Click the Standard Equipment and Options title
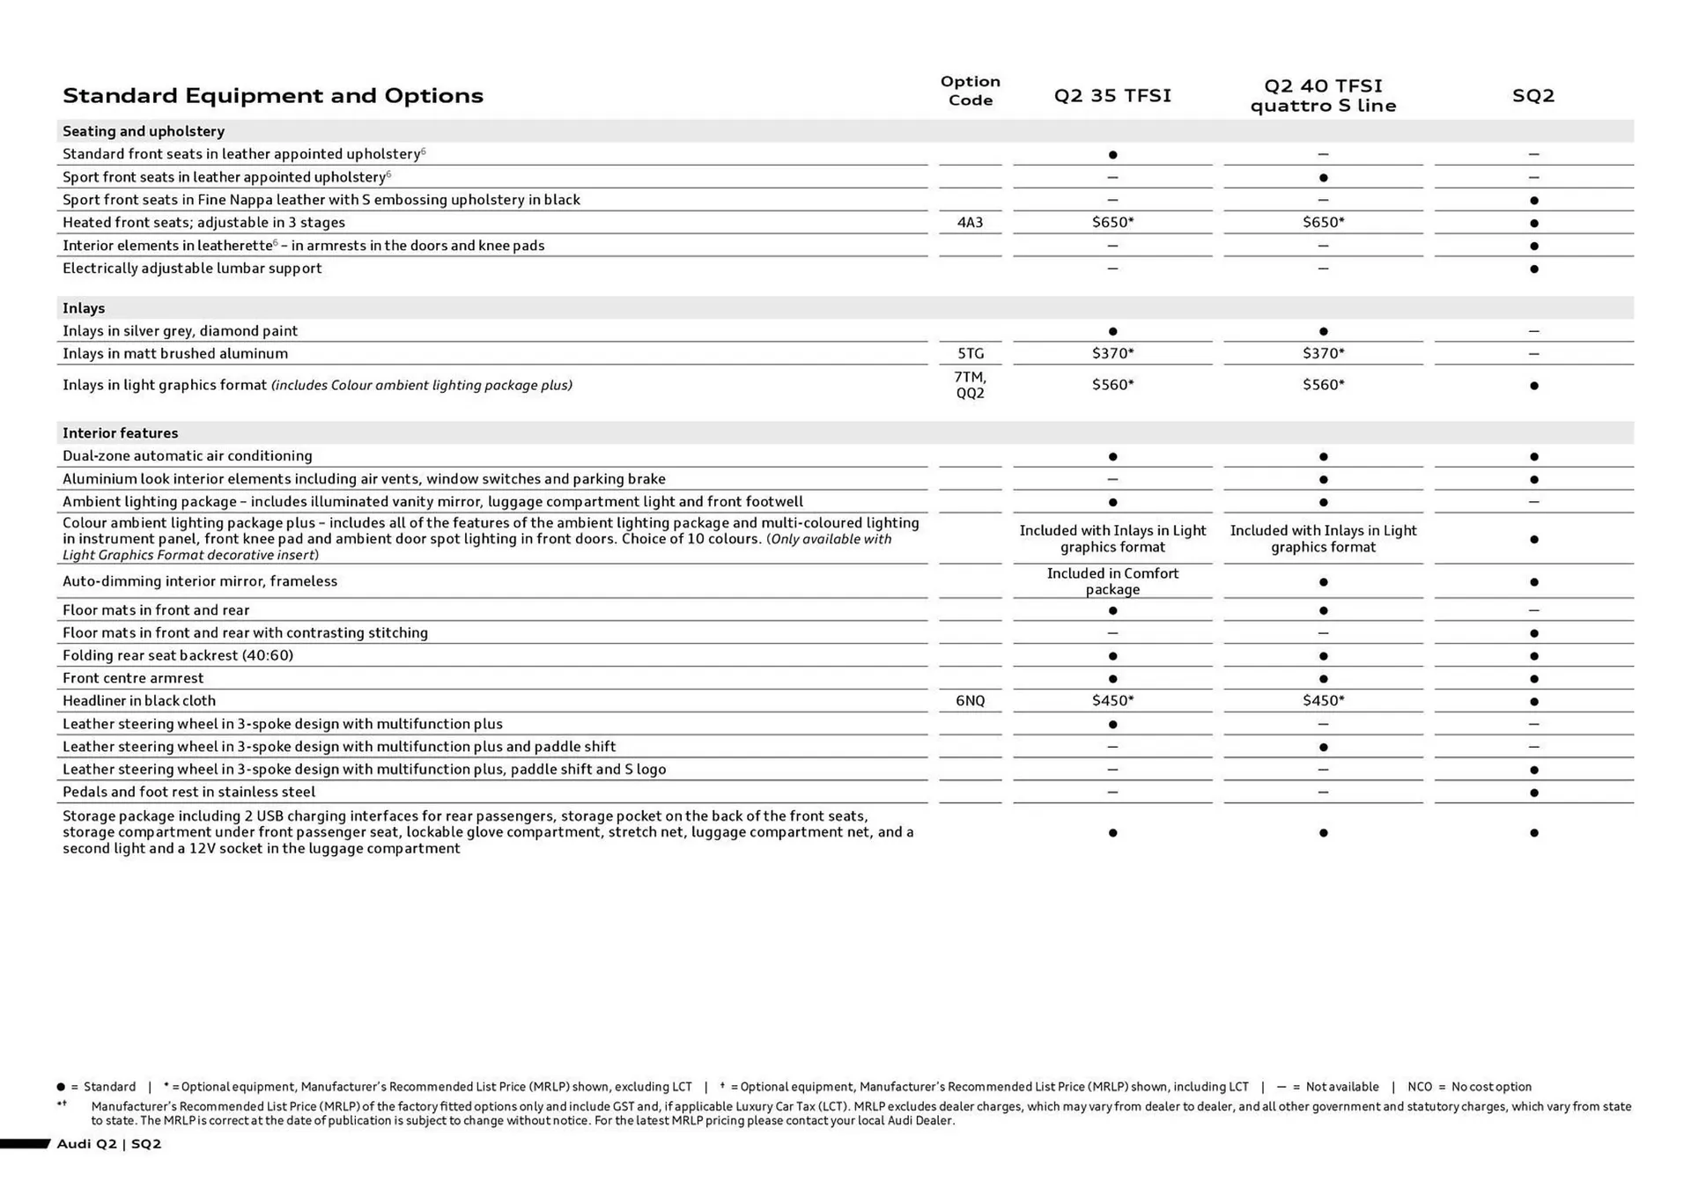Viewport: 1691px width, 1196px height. tap(272, 95)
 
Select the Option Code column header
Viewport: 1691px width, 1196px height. tap(970, 91)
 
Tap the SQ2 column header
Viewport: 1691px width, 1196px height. tap(1532, 95)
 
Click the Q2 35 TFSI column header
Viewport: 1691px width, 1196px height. tap(1112, 95)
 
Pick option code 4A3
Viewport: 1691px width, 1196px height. tap(970, 223)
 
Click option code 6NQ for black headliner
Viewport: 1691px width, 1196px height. tap(970, 701)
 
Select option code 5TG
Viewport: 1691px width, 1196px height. tap(970, 354)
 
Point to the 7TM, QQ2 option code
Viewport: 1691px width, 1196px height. tap(970, 385)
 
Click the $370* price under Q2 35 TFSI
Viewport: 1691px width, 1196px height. tap(1112, 354)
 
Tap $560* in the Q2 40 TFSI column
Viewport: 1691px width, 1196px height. tap(1323, 385)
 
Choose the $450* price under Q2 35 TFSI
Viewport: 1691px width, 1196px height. tap(1112, 701)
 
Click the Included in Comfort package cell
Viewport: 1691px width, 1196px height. tap(1112, 581)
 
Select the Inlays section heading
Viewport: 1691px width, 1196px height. tap(84, 308)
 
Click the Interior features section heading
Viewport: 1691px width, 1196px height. tap(120, 433)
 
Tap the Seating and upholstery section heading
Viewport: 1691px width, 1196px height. tap(143, 131)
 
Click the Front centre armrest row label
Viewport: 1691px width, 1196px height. tap(133, 678)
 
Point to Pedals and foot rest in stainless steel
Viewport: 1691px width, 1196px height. tap(188, 792)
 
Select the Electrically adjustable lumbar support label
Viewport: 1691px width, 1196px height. tap(192, 269)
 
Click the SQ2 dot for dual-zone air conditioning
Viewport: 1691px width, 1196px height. tap(1533, 457)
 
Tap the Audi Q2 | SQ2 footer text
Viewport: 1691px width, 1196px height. tap(109, 1144)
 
